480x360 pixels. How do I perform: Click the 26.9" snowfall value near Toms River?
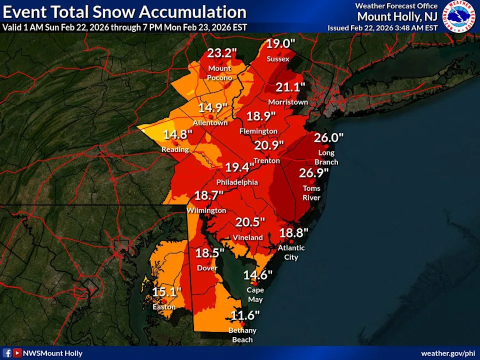[313, 173]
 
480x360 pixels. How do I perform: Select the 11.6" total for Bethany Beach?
[245, 315]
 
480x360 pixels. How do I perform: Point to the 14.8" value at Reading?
[177, 134]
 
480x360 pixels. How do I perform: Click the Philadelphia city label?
[237, 182]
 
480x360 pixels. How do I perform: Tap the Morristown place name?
[288, 102]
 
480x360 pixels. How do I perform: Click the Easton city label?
[164, 306]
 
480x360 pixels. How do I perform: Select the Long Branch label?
[326, 157]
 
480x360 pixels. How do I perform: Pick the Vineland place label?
[247, 237]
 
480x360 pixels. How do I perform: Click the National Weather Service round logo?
[460, 16]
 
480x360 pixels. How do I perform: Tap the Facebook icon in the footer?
[7, 352]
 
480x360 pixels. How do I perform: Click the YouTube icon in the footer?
[17, 352]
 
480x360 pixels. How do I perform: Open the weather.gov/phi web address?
[448, 353]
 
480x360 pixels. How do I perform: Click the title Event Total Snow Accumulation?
[124, 11]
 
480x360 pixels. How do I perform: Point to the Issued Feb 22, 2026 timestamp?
[382, 28]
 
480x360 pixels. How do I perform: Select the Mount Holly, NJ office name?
[397, 16]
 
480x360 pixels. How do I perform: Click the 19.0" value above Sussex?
[280, 44]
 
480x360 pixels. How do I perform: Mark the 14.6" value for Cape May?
[257, 275]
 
